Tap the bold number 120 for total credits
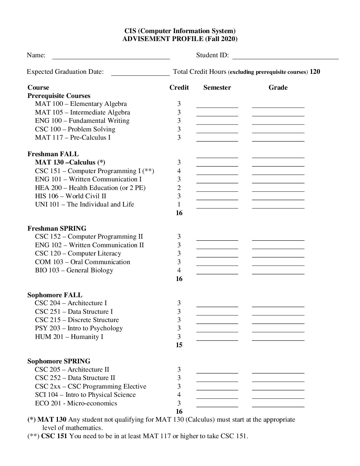click(x=315, y=72)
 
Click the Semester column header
click(x=217, y=88)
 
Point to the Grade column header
click(x=278, y=88)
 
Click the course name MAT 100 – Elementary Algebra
click(x=81, y=104)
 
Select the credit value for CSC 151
click(x=179, y=171)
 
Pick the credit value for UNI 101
click(x=179, y=205)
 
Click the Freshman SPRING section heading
click(x=57, y=228)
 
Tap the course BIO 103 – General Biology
click(x=74, y=270)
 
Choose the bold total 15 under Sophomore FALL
click(x=179, y=345)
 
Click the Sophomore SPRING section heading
click(x=59, y=361)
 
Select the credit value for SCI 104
click(x=179, y=395)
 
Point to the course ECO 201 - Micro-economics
click(x=76, y=403)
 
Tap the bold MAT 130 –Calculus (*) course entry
click(x=70, y=163)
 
